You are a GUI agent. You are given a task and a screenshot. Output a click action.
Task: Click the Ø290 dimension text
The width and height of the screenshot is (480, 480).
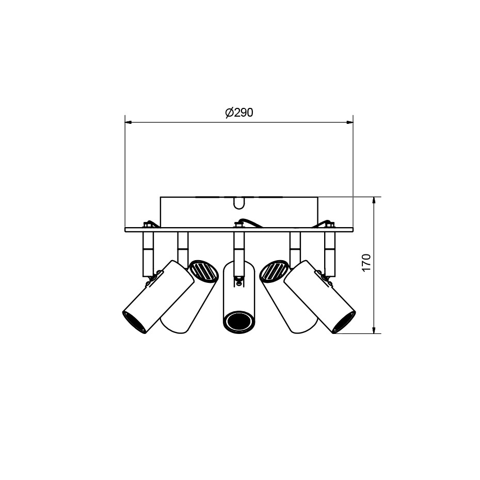pos(239,113)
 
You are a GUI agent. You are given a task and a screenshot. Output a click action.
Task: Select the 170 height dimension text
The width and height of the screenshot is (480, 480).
pos(366,263)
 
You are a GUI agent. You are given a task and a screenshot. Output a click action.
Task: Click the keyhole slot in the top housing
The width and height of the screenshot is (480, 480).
pos(238,203)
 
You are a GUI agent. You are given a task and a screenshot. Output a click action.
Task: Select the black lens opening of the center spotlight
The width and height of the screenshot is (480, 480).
pos(238,321)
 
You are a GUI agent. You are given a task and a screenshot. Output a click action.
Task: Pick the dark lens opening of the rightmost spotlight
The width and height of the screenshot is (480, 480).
pos(344,322)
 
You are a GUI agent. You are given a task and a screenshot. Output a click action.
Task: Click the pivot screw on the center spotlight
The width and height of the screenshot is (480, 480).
pos(238,281)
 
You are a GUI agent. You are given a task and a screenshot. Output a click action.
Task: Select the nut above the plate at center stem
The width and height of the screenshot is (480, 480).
pos(238,225)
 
